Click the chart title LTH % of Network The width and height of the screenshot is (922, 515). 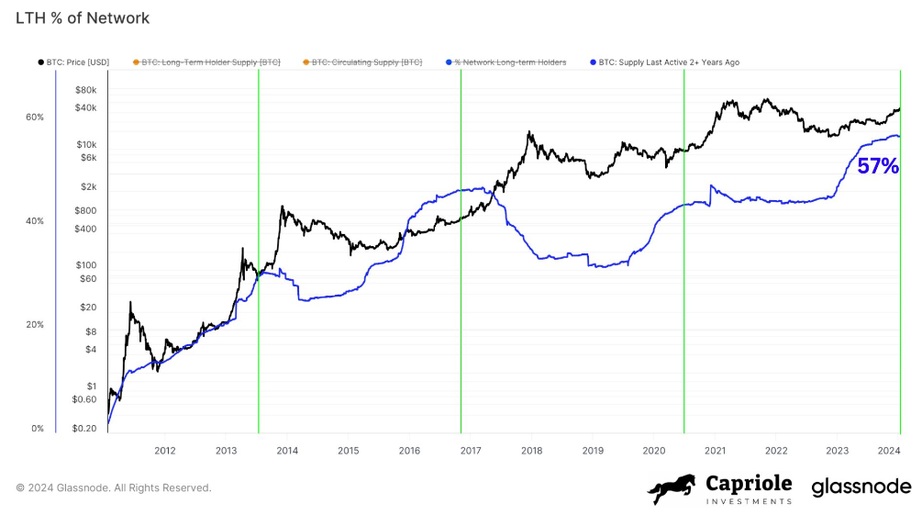pos(83,18)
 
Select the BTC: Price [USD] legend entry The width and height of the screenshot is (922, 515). pos(76,62)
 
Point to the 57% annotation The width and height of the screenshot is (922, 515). pos(877,166)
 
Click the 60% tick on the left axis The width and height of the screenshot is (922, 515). pos(35,118)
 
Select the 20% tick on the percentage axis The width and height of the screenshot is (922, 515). pos(35,325)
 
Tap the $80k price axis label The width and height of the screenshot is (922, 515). pos(86,90)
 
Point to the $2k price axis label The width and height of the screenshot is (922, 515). pos(88,186)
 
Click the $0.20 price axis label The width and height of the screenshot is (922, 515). pos(83,429)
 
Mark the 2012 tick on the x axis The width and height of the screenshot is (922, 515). pos(165,451)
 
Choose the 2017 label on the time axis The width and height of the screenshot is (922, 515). pos(471,451)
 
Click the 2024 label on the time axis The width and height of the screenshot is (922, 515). pos(888,451)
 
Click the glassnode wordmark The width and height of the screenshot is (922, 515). pos(861,487)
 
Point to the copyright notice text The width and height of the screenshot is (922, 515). pos(114,487)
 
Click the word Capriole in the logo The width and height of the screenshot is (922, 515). pos(748,483)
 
